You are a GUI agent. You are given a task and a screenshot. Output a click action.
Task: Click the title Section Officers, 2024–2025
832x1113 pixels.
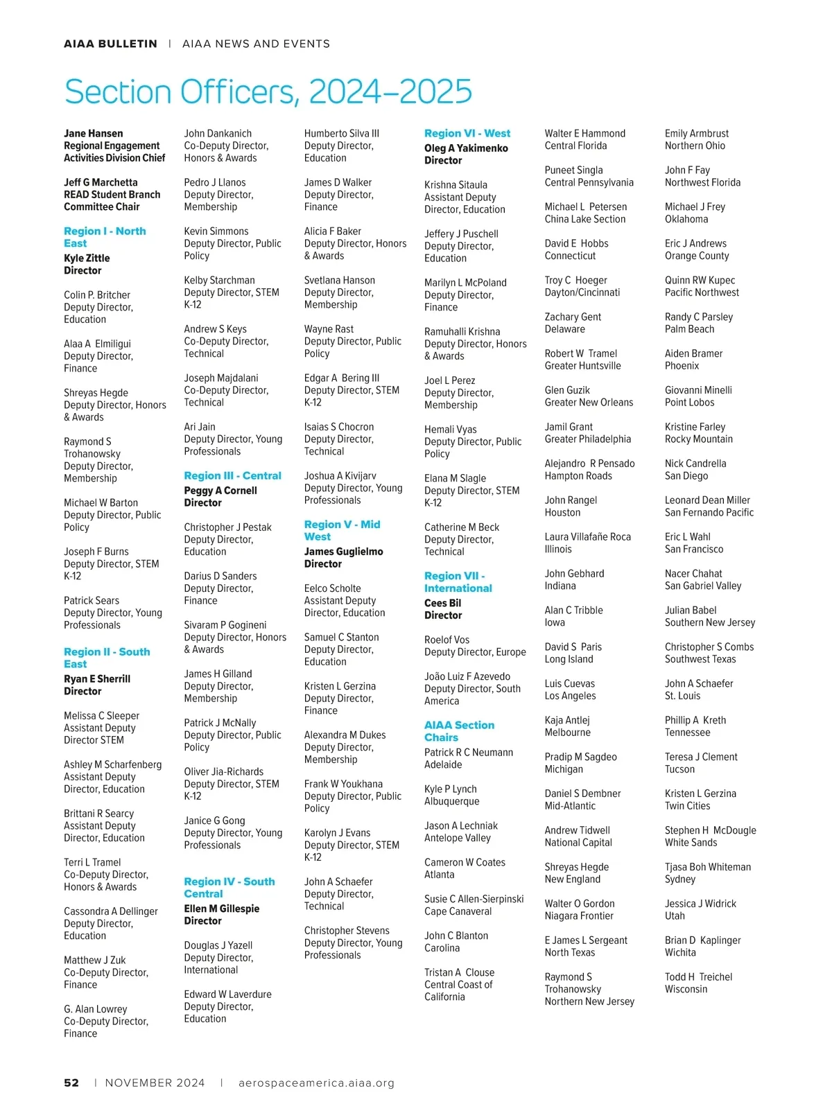click(268, 91)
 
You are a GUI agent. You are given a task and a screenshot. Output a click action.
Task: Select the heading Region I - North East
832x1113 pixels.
click(104, 237)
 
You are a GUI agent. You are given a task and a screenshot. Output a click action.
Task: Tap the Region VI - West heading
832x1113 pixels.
click(467, 133)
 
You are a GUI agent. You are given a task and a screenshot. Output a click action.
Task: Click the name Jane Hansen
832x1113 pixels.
click(93, 133)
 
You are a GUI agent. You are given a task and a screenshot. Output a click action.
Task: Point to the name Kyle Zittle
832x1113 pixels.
click(87, 258)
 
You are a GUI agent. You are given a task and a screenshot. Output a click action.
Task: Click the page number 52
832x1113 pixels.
click(71, 1083)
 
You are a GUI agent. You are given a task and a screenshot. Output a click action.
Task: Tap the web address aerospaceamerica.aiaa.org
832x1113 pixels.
click(315, 1083)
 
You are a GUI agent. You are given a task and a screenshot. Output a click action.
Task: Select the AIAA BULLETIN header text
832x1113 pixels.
click(110, 44)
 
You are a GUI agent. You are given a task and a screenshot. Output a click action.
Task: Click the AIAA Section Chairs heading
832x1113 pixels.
click(459, 730)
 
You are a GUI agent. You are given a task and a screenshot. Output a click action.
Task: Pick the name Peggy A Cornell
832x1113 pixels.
click(220, 490)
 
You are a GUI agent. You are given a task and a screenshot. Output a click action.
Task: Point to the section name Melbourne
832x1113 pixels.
click(567, 733)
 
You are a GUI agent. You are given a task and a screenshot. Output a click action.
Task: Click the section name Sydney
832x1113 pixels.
click(679, 879)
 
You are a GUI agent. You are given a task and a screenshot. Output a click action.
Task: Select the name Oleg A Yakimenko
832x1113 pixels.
click(466, 148)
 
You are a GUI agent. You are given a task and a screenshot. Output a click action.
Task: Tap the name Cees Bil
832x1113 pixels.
click(442, 603)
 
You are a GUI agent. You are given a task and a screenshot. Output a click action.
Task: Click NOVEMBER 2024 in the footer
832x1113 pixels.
click(155, 1083)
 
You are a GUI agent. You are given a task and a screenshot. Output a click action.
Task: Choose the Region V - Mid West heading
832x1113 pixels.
click(342, 530)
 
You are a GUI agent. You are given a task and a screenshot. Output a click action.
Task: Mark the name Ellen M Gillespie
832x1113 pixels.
click(221, 909)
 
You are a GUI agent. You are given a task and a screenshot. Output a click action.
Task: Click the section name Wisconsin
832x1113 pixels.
click(686, 989)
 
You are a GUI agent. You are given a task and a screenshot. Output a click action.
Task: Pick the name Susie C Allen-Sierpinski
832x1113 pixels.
click(474, 899)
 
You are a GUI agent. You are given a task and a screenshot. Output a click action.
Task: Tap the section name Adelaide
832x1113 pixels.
click(443, 764)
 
